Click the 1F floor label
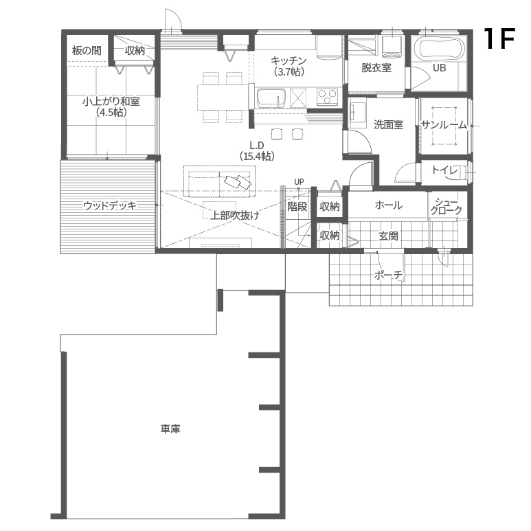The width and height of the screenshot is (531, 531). pyautogui.click(x=499, y=38)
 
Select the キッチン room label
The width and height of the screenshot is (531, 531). pyautogui.click(x=289, y=60)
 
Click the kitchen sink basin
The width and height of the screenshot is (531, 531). pyautogui.click(x=271, y=98)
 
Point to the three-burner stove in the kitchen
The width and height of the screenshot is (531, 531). pyautogui.click(x=327, y=97)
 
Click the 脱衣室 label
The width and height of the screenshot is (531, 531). pyautogui.click(x=376, y=68)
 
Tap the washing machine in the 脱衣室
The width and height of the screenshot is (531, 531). pyautogui.click(x=392, y=47)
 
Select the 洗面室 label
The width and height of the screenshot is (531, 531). pyautogui.click(x=388, y=124)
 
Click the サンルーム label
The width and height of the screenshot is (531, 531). pyautogui.click(x=444, y=125)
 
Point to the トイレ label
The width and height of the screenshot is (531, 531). pyautogui.click(x=444, y=170)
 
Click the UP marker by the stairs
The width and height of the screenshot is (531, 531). pyautogui.click(x=299, y=182)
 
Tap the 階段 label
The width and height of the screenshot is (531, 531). pyautogui.click(x=297, y=206)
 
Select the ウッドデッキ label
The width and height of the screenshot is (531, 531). pyautogui.click(x=110, y=205)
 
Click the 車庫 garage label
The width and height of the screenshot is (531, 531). pyautogui.click(x=170, y=429)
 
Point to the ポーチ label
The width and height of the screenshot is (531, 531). pyautogui.click(x=389, y=275)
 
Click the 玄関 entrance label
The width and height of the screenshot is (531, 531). pyautogui.click(x=388, y=236)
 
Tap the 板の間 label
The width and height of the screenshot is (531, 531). pyautogui.click(x=87, y=51)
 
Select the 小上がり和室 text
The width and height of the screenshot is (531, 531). pyautogui.click(x=111, y=101)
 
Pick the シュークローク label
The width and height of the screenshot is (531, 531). pyautogui.click(x=447, y=206)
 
